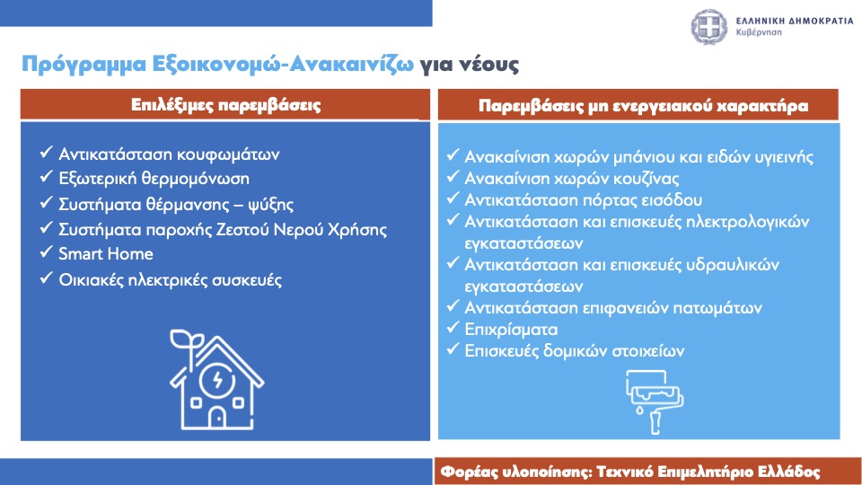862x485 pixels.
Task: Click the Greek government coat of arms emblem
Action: point(709,26)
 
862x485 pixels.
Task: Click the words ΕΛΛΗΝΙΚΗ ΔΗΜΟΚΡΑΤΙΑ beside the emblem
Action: point(795,21)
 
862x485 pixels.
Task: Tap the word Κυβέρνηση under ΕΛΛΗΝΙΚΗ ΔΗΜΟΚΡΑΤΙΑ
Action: point(759,32)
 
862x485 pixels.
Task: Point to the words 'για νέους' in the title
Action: point(469,65)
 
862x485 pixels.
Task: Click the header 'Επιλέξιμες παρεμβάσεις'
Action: point(225,104)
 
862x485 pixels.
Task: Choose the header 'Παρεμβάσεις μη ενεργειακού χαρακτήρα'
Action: point(643,106)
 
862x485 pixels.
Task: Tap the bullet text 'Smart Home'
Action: point(106,254)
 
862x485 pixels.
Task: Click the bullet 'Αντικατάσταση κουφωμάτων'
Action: point(169,154)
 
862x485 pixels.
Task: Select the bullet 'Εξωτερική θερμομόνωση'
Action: point(154,179)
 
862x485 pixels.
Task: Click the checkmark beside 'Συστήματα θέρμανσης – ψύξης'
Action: point(46,202)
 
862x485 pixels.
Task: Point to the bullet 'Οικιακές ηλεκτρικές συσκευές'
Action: point(170,280)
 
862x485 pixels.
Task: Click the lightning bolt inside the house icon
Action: point(217,379)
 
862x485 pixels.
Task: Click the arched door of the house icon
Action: point(217,417)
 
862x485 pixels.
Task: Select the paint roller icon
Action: point(654,401)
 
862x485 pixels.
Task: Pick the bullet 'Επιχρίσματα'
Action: point(511,330)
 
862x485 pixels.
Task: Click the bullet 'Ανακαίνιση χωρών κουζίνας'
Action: point(572,179)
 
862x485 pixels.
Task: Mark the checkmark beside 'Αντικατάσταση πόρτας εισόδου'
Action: point(453,198)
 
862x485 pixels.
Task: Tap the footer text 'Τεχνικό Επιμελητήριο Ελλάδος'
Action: point(708,472)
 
